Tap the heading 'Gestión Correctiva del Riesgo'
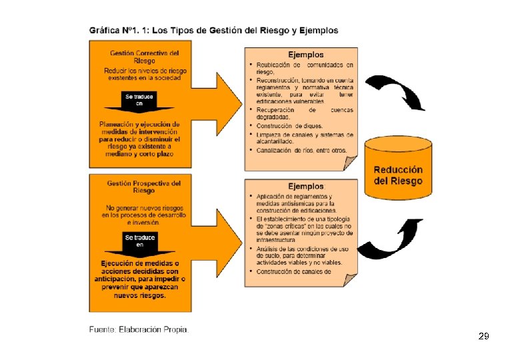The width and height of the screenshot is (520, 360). coord(144,56)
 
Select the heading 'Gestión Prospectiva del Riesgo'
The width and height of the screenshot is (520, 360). coord(144,186)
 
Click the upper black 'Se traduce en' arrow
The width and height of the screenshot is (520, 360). coord(139,101)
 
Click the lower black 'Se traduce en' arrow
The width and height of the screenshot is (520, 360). coord(139,243)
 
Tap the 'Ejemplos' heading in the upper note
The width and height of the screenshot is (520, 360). coord(305,55)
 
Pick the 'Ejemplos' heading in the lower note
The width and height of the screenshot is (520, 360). coord(305,186)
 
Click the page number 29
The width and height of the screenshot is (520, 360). coord(484,337)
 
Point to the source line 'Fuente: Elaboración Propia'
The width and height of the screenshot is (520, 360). coord(139,329)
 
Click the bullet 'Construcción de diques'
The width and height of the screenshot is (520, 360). coord(290,126)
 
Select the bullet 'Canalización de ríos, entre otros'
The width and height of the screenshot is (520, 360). coord(301,150)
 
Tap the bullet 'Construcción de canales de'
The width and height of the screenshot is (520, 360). coord(294,271)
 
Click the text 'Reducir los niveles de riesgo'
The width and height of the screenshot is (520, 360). coord(145,71)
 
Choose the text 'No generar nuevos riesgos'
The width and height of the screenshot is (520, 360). coord(144,207)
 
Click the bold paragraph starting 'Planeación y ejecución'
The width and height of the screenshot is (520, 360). coord(139,139)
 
